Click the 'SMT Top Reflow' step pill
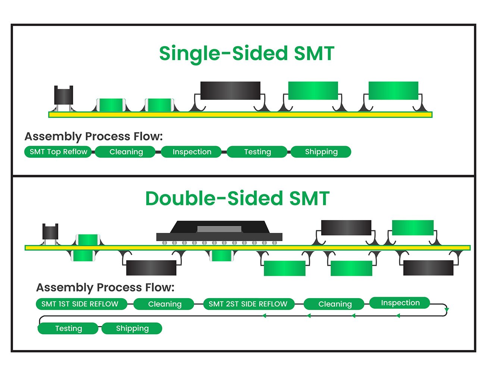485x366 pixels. [x=58, y=152]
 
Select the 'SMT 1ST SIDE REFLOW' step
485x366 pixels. [x=80, y=304]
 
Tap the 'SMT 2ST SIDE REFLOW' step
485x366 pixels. [x=248, y=304]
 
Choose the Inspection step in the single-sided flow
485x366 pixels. [x=192, y=152]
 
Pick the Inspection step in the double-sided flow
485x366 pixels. [x=400, y=303]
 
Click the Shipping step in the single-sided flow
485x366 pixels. [x=321, y=152]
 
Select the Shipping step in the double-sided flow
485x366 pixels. [x=132, y=328]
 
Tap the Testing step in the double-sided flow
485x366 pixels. [x=68, y=328]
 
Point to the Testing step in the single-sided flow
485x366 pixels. [x=257, y=152]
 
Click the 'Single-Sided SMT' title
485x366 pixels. [x=247, y=53]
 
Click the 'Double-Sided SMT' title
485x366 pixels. [x=237, y=198]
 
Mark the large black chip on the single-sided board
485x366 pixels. [x=230, y=91]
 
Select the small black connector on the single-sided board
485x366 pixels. [x=63, y=95]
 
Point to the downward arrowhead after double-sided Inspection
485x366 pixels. [x=447, y=310]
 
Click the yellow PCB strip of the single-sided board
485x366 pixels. [x=240, y=115]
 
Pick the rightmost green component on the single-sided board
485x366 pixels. [x=393, y=91]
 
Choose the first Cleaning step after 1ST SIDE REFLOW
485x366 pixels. [x=165, y=304]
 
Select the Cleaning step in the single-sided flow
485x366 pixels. [x=126, y=152]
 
